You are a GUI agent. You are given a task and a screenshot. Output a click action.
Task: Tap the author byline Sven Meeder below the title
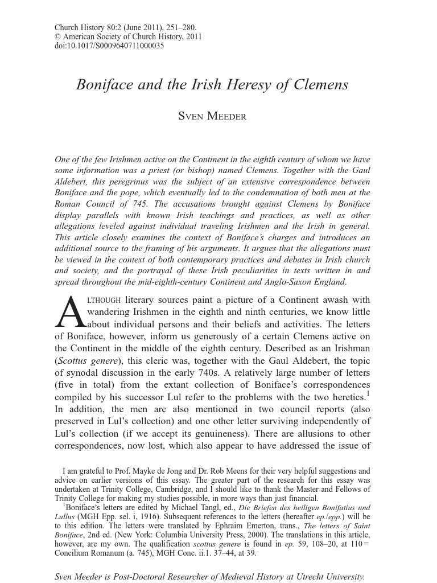click(x=212, y=117)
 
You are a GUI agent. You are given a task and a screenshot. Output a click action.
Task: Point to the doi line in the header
click(x=109, y=46)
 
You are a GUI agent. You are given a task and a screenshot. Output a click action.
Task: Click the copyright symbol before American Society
click(x=57, y=37)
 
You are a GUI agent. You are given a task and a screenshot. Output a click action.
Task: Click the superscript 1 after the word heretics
click(x=368, y=393)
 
